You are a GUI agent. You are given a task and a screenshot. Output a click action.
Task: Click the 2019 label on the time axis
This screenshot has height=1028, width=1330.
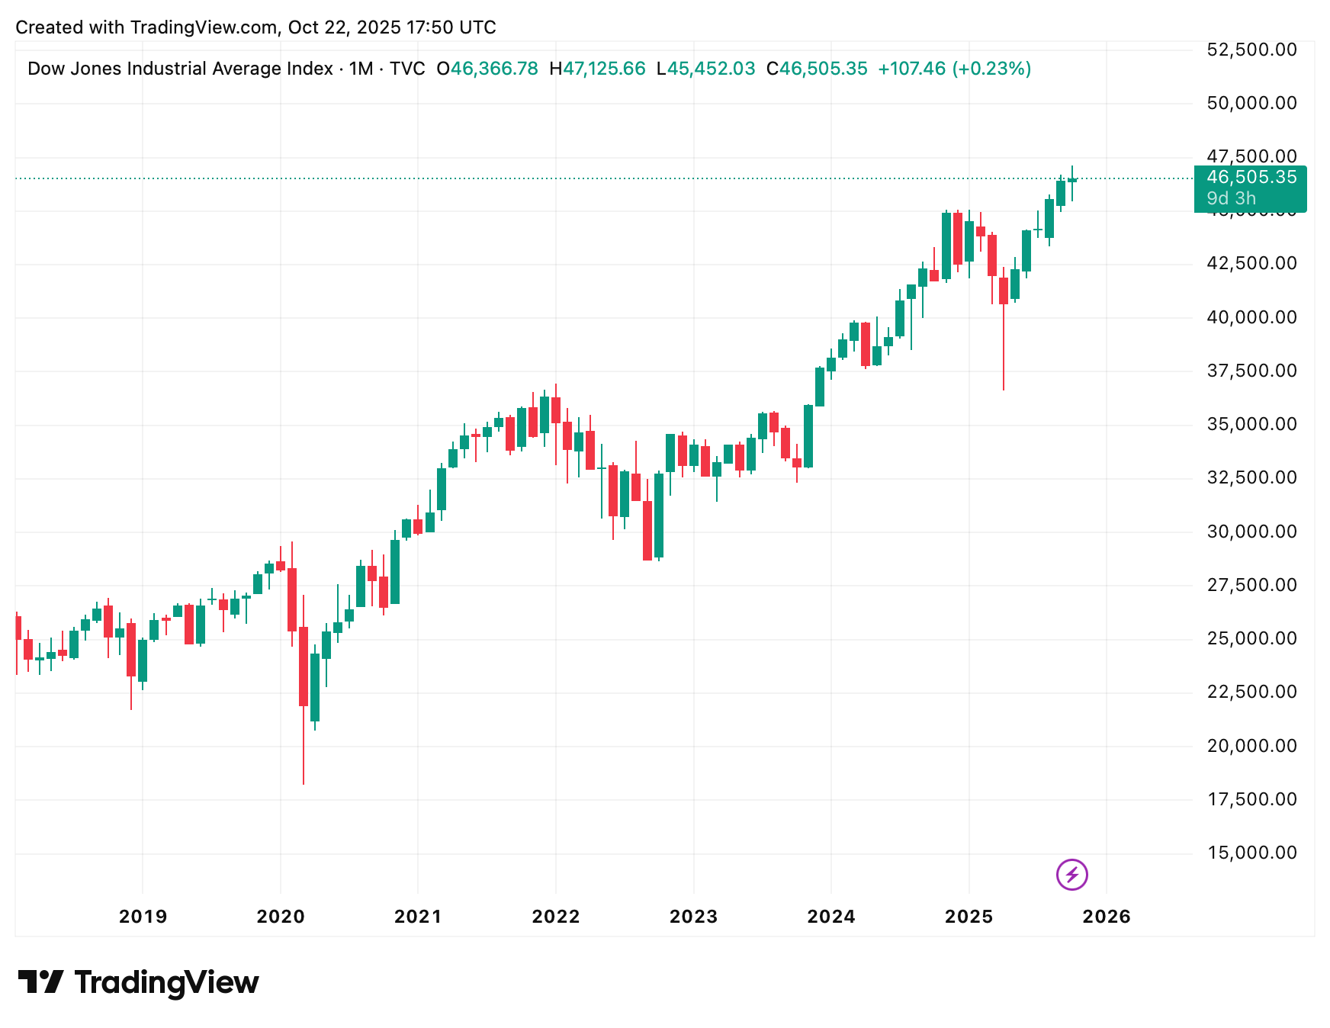[143, 917]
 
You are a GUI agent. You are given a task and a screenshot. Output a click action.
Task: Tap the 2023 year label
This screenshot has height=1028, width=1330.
[693, 917]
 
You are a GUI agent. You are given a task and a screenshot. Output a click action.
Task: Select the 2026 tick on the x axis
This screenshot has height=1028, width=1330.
[1107, 917]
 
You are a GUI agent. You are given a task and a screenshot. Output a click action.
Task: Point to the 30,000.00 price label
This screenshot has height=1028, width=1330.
[1251, 532]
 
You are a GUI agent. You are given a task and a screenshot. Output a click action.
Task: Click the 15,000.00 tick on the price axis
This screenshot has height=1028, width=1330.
[1251, 853]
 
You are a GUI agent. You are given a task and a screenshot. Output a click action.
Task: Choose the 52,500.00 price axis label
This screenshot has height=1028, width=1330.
[1251, 50]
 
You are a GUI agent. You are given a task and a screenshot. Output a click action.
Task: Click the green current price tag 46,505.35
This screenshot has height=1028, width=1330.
[1251, 178]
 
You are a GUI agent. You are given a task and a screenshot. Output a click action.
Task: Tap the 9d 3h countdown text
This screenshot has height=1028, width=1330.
[1231, 198]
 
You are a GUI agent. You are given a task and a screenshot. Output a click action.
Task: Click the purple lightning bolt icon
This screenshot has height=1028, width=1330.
[1071, 875]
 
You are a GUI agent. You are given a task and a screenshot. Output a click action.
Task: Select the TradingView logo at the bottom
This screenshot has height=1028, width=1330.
[138, 982]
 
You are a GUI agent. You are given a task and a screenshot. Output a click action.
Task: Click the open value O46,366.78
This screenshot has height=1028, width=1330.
[487, 69]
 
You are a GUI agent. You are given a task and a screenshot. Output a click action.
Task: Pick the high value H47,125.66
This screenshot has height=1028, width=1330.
[597, 69]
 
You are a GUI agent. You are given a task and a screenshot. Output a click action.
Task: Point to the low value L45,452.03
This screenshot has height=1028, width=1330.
[705, 69]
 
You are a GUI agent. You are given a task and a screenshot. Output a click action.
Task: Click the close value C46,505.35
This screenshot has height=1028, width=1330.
[817, 69]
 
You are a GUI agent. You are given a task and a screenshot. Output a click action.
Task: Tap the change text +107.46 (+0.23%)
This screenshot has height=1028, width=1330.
[954, 69]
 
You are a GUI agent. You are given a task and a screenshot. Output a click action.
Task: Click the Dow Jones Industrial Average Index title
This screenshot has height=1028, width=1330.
[180, 69]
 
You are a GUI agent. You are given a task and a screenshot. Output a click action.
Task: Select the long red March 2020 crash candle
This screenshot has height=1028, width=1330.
[304, 666]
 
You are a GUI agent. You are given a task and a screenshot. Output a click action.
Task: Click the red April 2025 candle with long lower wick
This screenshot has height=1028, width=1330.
[1004, 291]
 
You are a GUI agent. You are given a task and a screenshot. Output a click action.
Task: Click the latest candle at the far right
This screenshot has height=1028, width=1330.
[1072, 180]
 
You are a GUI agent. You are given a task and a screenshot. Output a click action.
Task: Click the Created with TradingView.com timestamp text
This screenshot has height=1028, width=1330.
[255, 27]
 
